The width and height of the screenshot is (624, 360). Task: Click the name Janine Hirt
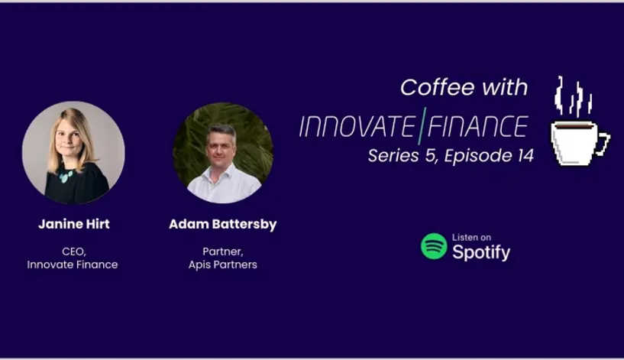74,224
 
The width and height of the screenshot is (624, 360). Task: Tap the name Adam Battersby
222,224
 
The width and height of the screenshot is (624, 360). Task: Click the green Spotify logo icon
434,246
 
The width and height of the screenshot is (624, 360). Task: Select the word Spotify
481,252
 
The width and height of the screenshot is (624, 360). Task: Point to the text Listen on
471,238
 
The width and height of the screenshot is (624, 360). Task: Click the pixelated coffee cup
580,144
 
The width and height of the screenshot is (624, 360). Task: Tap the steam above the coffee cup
573,96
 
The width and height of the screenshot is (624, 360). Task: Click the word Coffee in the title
438,87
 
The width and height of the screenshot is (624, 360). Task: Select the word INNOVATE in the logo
357,127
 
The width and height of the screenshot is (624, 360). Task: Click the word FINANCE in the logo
478,127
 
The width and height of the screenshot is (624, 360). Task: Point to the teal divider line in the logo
422,125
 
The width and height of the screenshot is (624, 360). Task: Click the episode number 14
525,155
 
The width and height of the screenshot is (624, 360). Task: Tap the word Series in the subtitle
393,155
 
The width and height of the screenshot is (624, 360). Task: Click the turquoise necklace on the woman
66,176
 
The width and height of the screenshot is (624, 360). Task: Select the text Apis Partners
223,264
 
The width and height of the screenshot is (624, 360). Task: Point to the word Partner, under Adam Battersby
223,251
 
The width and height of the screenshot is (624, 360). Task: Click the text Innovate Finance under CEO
73,264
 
